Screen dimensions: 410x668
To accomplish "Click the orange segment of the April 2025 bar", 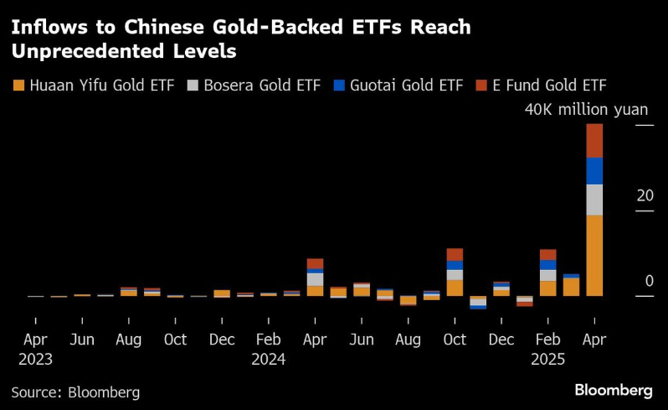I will [x=594, y=255].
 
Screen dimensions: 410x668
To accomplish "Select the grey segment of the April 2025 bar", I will [x=594, y=200].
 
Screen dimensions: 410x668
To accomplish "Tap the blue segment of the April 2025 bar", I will [x=594, y=170].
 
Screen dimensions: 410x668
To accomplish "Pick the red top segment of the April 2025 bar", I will [x=594, y=140].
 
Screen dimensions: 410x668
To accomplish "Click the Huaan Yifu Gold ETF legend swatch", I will [x=18, y=86].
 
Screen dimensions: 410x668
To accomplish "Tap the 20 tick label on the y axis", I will [x=645, y=195].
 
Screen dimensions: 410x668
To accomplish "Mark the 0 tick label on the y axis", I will [x=649, y=281].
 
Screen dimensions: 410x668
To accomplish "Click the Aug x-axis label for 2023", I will [x=129, y=340].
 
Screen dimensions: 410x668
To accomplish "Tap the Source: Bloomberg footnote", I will [x=75, y=392].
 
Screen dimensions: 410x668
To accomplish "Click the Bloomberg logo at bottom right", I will [x=613, y=391].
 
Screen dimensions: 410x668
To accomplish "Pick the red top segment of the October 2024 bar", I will [x=455, y=254].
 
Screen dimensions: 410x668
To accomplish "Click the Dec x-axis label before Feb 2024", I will [x=222, y=340].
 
